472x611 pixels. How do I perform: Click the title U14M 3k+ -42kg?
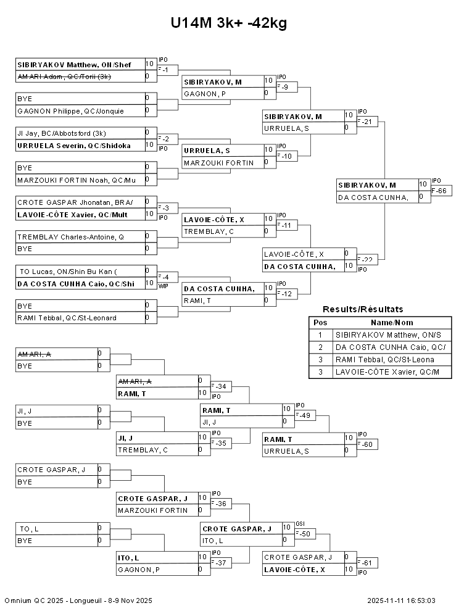pos(229,23)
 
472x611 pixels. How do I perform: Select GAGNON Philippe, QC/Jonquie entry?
pos(70,111)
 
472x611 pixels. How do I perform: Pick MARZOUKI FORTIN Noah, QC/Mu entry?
pos(76,180)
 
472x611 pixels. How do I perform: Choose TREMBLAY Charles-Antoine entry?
pos(70,237)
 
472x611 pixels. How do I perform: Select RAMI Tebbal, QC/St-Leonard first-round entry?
pos(67,318)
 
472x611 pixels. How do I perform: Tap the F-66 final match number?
pos(441,191)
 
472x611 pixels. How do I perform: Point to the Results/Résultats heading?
pos(363,309)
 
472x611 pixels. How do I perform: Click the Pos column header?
pos(320,323)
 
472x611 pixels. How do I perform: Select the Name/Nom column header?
pos(392,323)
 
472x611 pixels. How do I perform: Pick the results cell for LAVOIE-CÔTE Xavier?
pos(392,372)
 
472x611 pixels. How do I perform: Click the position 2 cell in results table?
pos(320,347)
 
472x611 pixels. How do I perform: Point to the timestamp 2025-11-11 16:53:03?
pos(401,601)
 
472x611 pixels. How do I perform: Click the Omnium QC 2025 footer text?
pos(78,601)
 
